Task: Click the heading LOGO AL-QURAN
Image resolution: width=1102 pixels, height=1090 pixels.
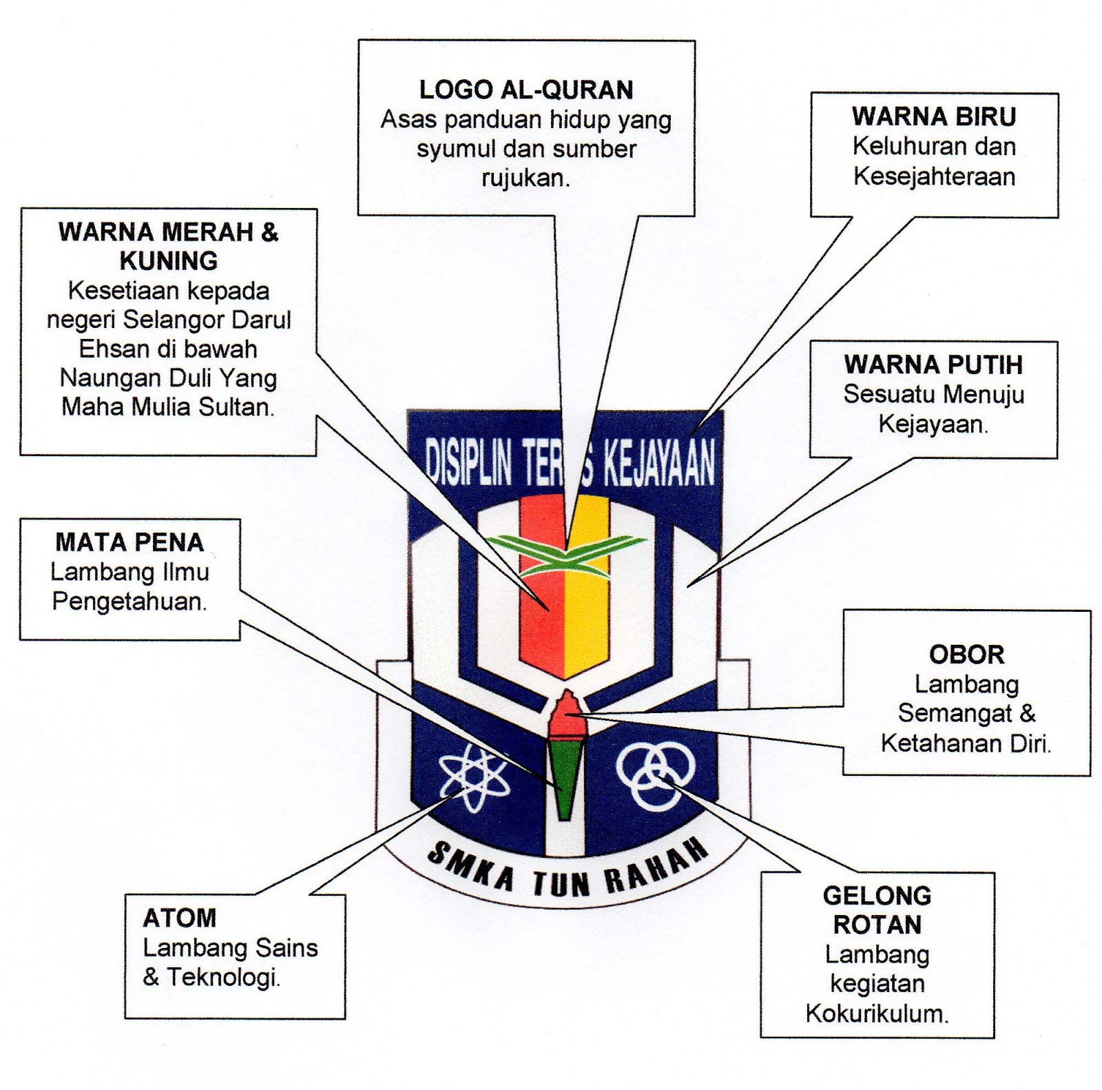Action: tap(526, 90)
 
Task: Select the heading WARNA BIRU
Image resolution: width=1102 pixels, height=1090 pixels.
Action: tap(933, 117)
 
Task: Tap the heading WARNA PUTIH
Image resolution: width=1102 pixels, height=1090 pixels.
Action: tap(933, 364)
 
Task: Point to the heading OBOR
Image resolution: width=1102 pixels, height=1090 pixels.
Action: tap(966, 655)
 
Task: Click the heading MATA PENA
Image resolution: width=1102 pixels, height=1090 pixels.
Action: tap(129, 543)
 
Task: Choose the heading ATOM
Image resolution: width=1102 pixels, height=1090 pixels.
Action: tap(179, 918)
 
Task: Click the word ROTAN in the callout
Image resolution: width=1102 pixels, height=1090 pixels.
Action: tap(877, 925)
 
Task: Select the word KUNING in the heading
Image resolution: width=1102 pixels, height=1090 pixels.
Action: tap(169, 261)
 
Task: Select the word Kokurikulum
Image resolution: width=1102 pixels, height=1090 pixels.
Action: tap(877, 1014)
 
